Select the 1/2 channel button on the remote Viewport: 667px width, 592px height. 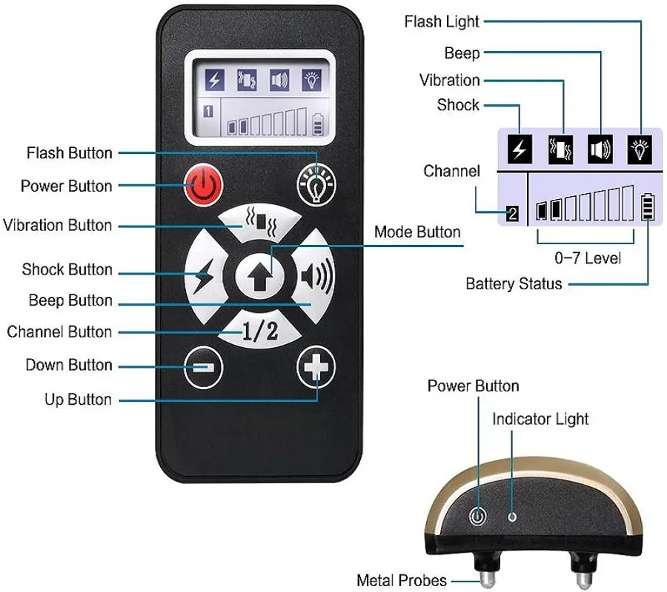260,332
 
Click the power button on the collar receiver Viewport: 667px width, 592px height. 479,517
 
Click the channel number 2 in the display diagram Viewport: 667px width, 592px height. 512,215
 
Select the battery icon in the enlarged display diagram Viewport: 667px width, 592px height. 649,207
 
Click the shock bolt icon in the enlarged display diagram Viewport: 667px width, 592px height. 520,149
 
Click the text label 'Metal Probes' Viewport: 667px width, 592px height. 402,580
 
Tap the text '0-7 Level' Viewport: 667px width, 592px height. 587,258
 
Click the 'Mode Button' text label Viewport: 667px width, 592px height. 417,232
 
